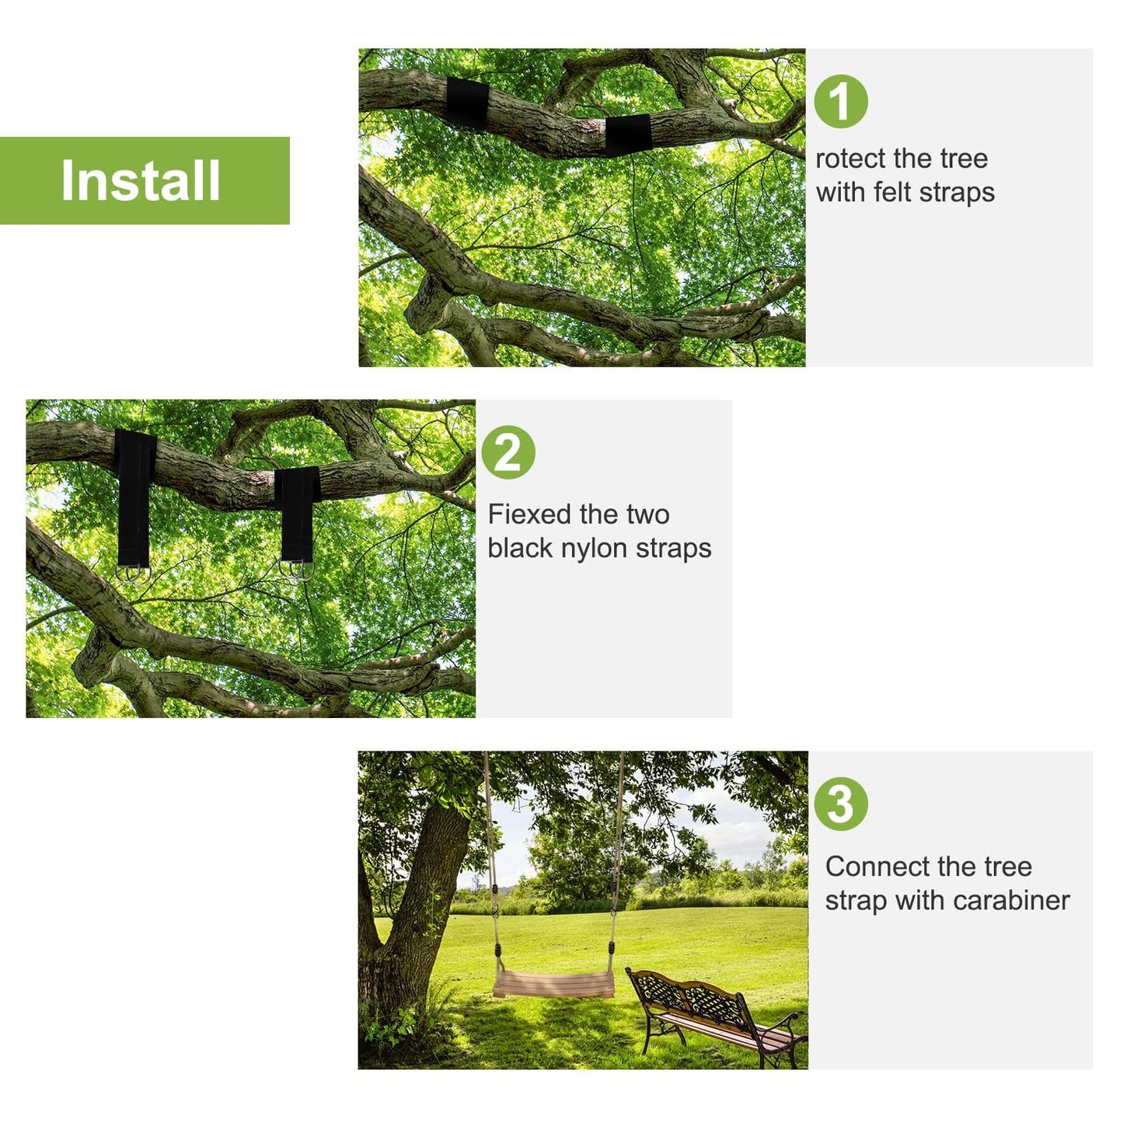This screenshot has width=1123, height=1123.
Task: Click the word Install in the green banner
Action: click(x=141, y=180)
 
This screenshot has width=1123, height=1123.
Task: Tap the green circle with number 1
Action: click(x=841, y=102)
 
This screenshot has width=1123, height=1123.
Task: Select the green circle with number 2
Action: click(x=508, y=452)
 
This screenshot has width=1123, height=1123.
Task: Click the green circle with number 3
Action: click(x=841, y=804)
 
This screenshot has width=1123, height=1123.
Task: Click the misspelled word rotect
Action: click(x=851, y=159)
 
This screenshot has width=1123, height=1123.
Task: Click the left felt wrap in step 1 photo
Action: click(x=467, y=103)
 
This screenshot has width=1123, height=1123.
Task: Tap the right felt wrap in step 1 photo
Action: click(x=628, y=134)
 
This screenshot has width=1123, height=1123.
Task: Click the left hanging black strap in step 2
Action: click(x=134, y=497)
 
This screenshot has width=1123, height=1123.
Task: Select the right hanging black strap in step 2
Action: click(x=297, y=513)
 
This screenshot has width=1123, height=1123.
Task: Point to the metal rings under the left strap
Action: click(x=133, y=574)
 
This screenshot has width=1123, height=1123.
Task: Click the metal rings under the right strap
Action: click(x=297, y=570)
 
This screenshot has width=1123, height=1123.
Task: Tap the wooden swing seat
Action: click(x=553, y=984)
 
